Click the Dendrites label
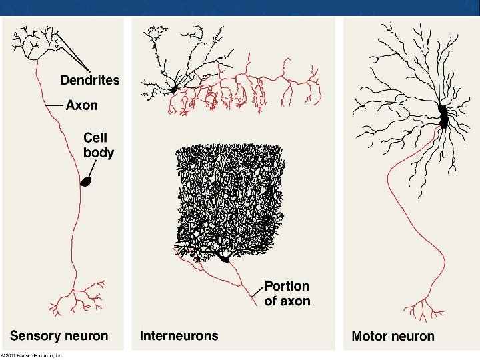[90, 80]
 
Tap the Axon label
[82, 105]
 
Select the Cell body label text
[98, 145]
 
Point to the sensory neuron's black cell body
[85, 181]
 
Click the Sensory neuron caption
[59, 335]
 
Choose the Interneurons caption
[179, 335]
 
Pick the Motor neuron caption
[393, 337]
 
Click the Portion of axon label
[287, 293]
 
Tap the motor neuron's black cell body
[443, 117]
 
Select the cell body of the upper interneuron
[174, 88]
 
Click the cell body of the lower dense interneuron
[225, 257]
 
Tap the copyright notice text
[40, 355]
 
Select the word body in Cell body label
[98, 152]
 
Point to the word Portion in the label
[287, 286]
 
